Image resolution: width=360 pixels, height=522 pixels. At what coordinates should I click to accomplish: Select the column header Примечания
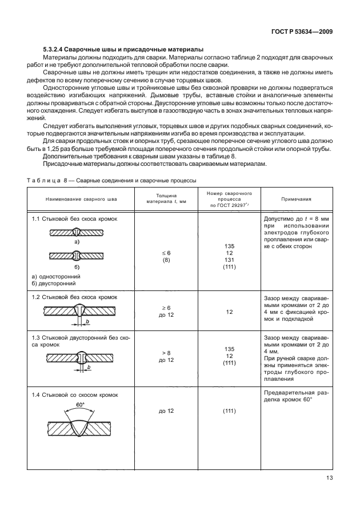coord(296,200)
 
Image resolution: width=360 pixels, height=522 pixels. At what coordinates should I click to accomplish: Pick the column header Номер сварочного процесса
coord(229,200)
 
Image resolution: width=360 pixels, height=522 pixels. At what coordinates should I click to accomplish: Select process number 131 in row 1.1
coord(229,260)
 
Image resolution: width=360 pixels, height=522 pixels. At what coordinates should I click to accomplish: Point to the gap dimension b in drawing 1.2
coord(87,322)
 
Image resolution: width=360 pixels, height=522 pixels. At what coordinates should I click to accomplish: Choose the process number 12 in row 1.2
coord(229,312)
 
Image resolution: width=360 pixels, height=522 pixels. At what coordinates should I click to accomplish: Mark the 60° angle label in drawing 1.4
coord(81,405)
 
